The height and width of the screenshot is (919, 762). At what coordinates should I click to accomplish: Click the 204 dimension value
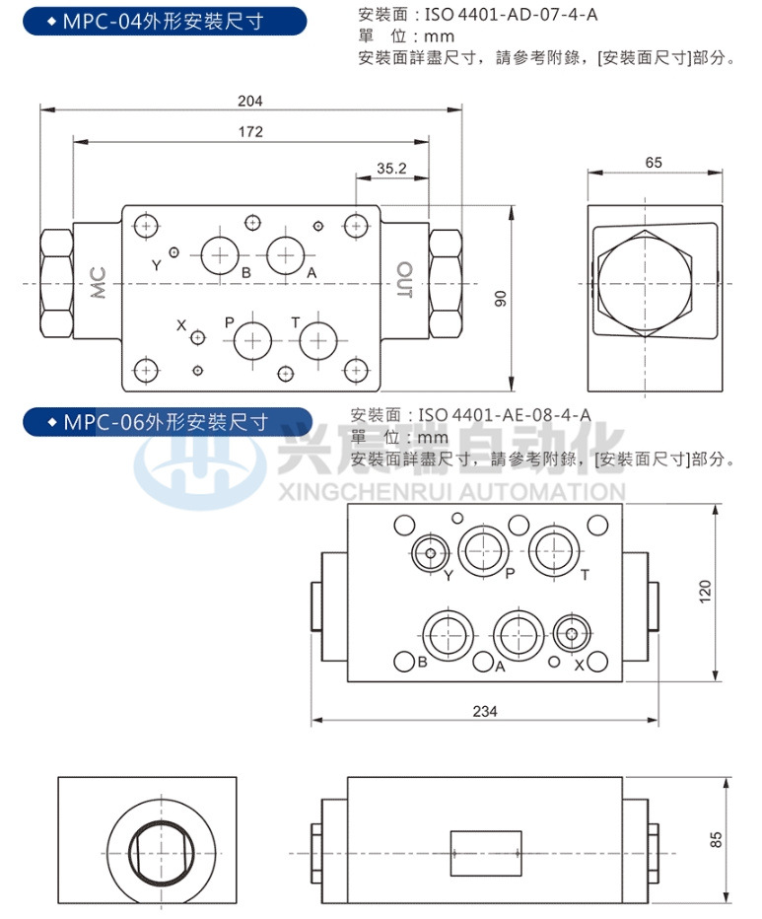click(250, 100)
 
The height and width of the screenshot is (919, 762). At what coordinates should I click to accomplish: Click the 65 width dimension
click(654, 163)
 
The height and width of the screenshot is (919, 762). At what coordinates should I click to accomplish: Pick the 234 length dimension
click(484, 710)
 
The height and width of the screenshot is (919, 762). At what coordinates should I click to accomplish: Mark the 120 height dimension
click(704, 592)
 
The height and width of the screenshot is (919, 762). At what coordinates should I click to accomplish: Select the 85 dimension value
click(716, 838)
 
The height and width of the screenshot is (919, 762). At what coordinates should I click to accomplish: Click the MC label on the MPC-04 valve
click(98, 283)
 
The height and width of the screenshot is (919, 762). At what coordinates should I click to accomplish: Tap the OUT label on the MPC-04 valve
click(403, 280)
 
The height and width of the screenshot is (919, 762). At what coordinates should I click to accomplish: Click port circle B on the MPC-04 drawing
click(219, 255)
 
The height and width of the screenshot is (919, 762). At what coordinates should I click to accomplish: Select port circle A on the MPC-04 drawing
click(285, 255)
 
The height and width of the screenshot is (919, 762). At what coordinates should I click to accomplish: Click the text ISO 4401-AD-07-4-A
click(509, 15)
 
